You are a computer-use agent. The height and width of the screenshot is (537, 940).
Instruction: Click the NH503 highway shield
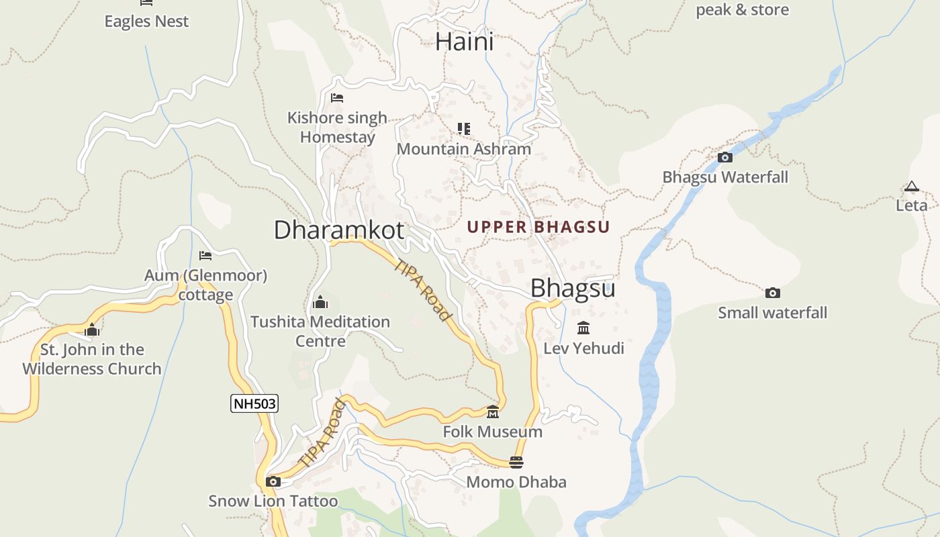point(254,403)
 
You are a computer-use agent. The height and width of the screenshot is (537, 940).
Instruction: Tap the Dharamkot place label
point(338,230)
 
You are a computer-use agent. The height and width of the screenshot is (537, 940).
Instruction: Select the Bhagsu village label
point(573,288)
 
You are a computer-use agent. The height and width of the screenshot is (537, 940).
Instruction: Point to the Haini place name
point(464,42)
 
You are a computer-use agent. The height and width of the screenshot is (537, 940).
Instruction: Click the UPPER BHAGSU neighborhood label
point(538,227)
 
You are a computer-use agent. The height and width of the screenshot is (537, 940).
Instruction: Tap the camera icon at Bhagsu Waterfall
point(725,158)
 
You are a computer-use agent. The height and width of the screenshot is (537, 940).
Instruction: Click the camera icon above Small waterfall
point(773,293)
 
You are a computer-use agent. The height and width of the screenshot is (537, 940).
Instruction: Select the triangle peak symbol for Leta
point(911,187)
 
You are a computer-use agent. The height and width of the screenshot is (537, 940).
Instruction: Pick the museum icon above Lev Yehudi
point(583,328)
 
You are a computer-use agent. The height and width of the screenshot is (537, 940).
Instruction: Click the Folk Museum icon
point(493,411)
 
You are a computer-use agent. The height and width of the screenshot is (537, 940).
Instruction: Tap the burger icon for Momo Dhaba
point(516,462)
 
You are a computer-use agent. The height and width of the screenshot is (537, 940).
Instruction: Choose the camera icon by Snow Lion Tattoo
point(273,481)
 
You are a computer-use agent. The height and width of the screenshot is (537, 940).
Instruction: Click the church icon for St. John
point(92,330)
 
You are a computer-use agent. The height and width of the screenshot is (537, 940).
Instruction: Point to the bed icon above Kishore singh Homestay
point(337,98)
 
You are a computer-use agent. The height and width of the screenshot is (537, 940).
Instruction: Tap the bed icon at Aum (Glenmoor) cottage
point(205,256)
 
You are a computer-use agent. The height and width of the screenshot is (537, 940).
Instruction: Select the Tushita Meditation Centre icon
point(320,302)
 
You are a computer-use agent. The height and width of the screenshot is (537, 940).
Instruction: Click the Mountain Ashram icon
point(464,128)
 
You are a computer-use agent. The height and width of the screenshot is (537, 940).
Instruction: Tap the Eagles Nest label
point(146,21)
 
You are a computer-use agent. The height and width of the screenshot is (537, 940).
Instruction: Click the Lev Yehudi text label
point(583,348)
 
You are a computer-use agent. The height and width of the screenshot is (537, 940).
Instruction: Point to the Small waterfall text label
point(772,313)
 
